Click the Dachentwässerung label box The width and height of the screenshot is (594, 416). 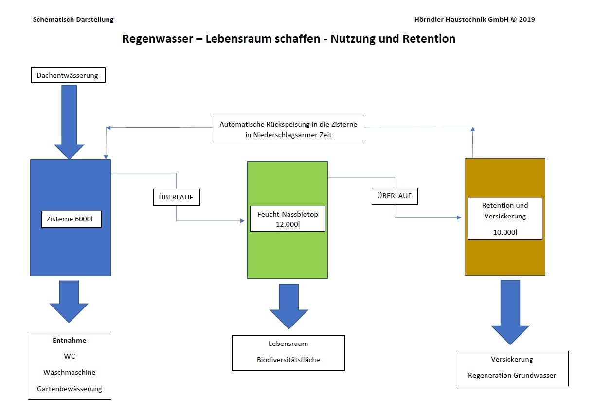68,75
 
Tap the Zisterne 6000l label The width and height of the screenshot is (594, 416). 71,219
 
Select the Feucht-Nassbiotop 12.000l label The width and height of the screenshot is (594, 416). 287,218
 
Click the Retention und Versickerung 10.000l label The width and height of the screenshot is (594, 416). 504,218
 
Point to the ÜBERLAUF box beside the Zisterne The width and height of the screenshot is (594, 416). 176,197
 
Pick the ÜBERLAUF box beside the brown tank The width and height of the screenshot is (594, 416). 394,196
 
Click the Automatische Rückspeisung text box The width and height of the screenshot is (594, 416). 288,129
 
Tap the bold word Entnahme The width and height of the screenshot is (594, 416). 69,341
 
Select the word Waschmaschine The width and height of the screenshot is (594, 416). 69,372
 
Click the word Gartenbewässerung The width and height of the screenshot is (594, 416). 69,389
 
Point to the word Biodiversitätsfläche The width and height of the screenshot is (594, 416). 288,360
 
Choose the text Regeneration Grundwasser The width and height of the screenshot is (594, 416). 512,375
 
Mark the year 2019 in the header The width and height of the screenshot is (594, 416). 526,20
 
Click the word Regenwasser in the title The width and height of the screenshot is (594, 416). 157,39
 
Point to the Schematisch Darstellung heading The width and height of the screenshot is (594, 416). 73,20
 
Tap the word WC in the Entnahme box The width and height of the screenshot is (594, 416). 69,356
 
